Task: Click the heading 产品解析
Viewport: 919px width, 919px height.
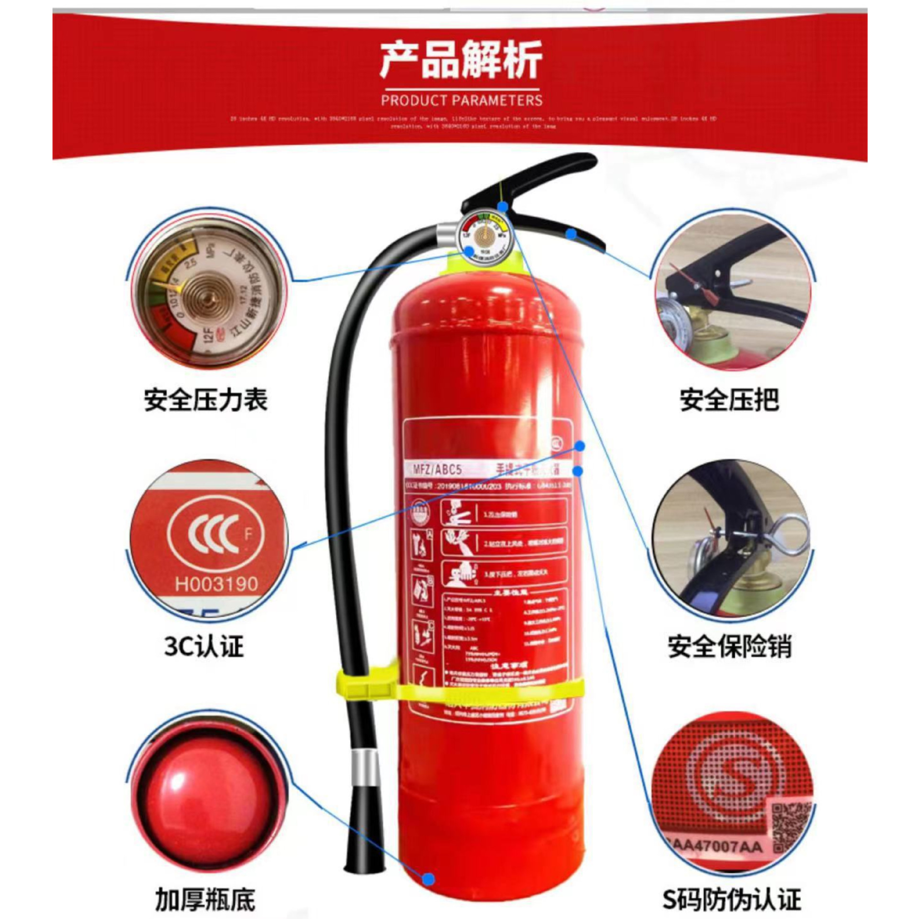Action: [x=461, y=59]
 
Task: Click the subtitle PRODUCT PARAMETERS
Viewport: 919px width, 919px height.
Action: [x=461, y=101]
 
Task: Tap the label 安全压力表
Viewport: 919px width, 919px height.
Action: [x=206, y=400]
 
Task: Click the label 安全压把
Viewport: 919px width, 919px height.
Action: [x=729, y=400]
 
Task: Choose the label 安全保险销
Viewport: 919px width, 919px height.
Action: [x=729, y=646]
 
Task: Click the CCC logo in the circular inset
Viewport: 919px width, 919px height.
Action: [x=214, y=533]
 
